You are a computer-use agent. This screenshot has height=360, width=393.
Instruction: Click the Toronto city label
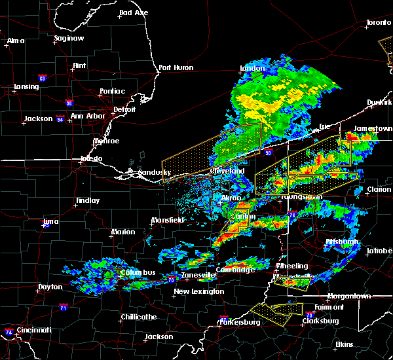tap(379, 22)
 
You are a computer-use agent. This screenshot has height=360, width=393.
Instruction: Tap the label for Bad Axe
tap(134, 12)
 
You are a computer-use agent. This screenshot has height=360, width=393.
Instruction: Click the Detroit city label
tap(124, 109)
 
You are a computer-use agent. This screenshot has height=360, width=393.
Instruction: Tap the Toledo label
tap(91, 159)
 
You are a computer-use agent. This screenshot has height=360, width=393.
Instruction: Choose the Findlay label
tap(87, 201)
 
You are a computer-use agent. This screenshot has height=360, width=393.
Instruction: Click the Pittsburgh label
tap(343, 242)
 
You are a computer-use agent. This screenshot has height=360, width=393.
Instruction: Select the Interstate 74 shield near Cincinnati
tap(8, 332)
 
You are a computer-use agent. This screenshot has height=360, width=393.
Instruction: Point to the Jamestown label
tap(373, 129)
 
